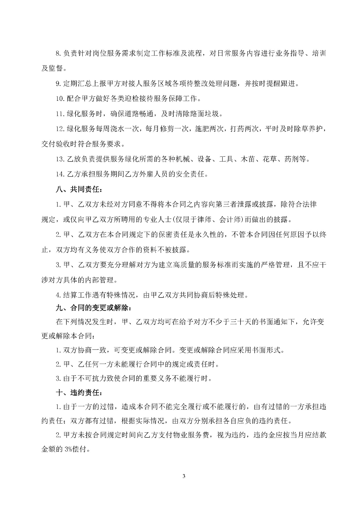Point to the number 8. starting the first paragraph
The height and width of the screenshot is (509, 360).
point(58,53)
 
